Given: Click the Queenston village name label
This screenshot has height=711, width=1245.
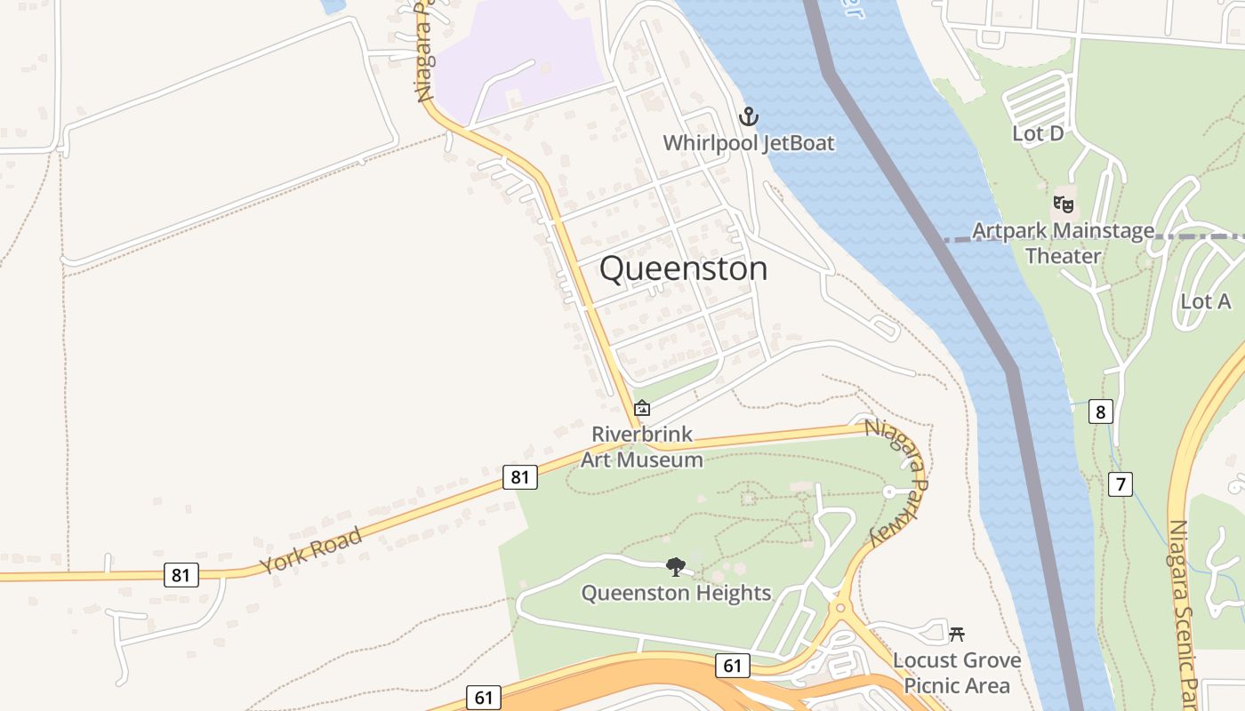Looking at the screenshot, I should click(683, 268).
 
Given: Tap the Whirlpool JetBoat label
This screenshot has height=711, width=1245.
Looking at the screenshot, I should click(749, 143).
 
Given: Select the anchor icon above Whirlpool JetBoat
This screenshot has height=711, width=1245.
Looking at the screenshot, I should click(749, 116).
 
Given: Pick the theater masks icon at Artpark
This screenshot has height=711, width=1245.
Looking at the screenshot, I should click(1062, 204).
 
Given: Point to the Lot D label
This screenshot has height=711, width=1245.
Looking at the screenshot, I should click(1038, 133).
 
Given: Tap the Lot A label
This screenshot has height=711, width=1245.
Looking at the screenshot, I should click(1205, 301).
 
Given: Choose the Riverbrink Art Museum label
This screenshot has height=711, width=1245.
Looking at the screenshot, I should click(642, 447).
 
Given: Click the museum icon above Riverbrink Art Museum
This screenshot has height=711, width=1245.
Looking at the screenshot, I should click(642, 408).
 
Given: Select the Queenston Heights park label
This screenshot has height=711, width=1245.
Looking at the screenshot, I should click(676, 593).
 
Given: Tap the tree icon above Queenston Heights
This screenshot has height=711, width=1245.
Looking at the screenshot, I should click(676, 566).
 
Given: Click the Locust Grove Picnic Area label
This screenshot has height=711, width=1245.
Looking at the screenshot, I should click(957, 673).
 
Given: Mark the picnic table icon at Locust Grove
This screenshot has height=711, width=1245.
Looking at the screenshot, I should click(957, 634).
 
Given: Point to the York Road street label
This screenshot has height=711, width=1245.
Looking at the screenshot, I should click(311, 551).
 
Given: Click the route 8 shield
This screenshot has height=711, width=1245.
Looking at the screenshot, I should click(1101, 411).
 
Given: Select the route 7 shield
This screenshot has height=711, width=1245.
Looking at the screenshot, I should click(1120, 484).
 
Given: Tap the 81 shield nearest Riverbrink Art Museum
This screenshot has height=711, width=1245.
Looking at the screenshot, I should click(519, 477).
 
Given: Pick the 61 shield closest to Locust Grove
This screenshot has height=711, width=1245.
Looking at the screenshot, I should click(732, 665).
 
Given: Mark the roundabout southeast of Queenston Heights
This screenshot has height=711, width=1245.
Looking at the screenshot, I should click(839, 610).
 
